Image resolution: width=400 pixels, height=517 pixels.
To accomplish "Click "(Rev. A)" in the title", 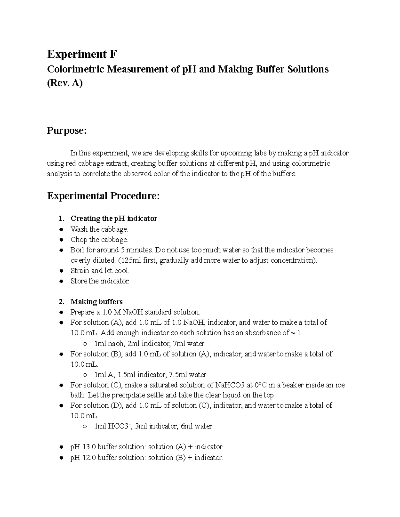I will (65, 83).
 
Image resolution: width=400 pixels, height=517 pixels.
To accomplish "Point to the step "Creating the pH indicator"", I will (114, 219).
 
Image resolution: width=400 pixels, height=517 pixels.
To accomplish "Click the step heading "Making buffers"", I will (96, 302).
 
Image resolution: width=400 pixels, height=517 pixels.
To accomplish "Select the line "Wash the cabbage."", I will (99, 229).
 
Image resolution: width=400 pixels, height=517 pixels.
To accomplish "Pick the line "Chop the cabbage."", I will (99, 240).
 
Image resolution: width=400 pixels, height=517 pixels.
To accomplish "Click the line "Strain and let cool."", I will (100, 271).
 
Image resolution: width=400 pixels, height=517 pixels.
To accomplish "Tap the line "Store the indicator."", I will (100, 281).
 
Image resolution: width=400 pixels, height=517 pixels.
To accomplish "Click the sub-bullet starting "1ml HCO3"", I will (153, 426).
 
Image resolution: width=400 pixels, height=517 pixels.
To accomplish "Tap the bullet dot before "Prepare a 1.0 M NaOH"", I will (61, 312).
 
